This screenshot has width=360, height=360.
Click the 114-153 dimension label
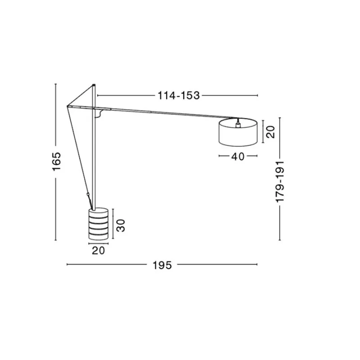[178, 95]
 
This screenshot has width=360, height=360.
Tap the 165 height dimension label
[56, 161]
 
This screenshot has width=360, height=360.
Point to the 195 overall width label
[162, 265]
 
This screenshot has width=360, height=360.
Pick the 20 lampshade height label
[270, 131]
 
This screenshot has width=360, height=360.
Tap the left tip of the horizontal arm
[67, 106]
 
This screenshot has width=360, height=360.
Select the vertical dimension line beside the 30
[113, 224]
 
